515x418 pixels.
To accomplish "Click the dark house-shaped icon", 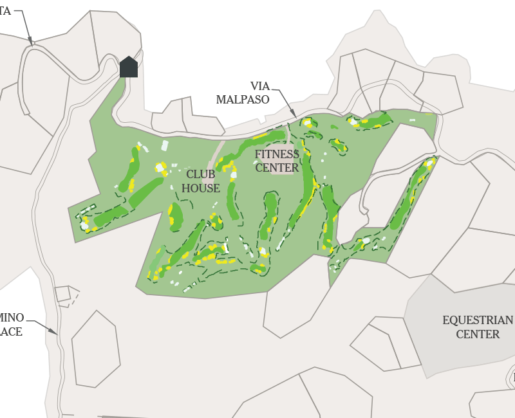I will coord(129,67).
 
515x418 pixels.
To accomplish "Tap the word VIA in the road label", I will coord(260,86).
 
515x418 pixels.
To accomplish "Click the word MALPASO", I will coord(242,100).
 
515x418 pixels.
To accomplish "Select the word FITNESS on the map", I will coord(277,154).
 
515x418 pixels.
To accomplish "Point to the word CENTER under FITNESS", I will coord(277,168).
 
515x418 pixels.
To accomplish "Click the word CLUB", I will coord(201,174).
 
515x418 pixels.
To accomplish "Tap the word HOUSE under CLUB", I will coord(201,188).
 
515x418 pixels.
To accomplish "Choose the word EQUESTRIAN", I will coord(477,320).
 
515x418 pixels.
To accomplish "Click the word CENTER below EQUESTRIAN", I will coord(477,334).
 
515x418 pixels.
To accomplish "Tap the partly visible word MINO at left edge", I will coord(12,318).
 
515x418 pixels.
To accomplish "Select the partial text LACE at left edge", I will coord(11,332).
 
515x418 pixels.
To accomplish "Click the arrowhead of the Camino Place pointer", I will coord(56,333).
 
